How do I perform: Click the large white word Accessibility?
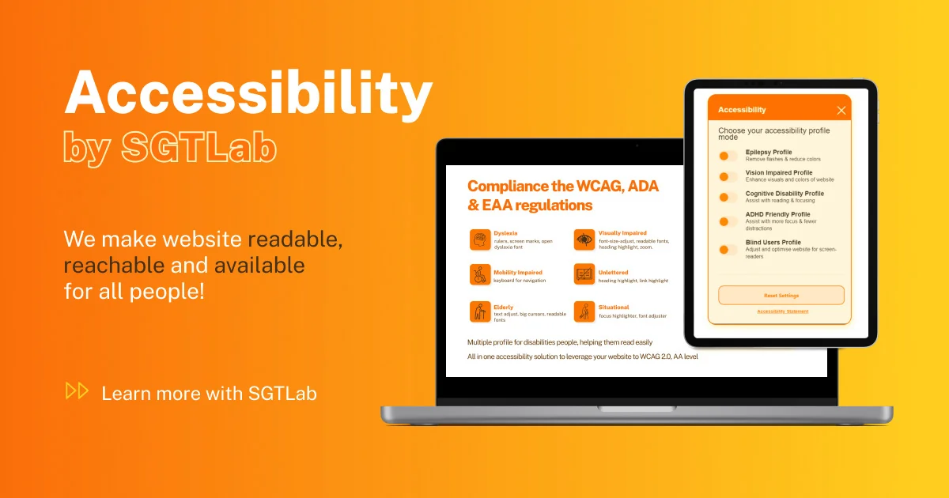pyautogui.click(x=248, y=93)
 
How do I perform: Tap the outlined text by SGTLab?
pyautogui.click(x=170, y=147)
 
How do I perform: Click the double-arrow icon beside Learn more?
pyautogui.click(x=77, y=390)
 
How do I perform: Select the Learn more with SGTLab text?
pyautogui.click(x=209, y=393)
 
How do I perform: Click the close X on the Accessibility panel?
pyautogui.click(x=841, y=111)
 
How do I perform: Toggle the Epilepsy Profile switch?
pyautogui.click(x=728, y=157)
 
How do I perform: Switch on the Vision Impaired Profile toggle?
pyautogui.click(x=728, y=176)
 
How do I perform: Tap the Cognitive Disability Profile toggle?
pyautogui.click(x=728, y=197)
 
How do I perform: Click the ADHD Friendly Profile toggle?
pyautogui.click(x=728, y=221)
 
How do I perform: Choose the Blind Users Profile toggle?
pyautogui.click(x=728, y=250)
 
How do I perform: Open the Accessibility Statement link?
pyautogui.click(x=782, y=311)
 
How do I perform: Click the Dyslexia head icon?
pyautogui.click(x=480, y=240)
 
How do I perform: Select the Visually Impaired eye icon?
pyautogui.click(x=584, y=240)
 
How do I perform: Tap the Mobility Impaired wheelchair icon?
pyautogui.click(x=480, y=274)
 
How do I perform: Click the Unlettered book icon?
pyautogui.click(x=584, y=274)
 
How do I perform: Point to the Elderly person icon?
pyautogui.click(x=480, y=311)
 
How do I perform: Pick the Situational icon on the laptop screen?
pyautogui.click(x=584, y=311)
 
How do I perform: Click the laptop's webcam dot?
pyautogui.click(x=636, y=145)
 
